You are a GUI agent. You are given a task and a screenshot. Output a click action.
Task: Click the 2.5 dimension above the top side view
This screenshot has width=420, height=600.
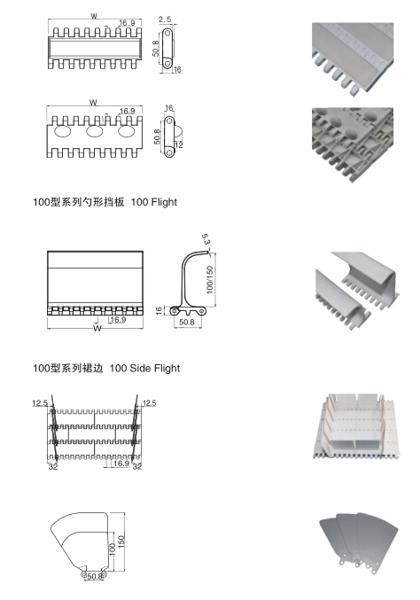pos(165,19)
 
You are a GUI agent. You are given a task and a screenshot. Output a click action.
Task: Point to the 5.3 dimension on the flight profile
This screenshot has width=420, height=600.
pos(206,239)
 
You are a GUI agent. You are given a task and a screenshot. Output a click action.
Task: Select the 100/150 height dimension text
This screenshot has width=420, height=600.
pos(210,280)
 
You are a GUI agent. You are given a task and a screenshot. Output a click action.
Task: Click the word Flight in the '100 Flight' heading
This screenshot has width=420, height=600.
pos(164,202)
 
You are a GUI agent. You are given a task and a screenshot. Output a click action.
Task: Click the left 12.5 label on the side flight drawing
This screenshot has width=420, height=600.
pos(40,403)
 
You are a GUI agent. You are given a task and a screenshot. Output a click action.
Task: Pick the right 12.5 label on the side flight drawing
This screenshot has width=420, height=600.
pos(149,403)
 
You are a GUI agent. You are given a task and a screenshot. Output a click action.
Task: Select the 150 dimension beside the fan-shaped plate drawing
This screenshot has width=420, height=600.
pos(121,542)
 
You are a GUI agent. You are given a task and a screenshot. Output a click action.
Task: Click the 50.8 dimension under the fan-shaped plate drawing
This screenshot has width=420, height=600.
pos(95,576)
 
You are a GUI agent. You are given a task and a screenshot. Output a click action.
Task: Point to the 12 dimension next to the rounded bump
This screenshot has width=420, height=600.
pos(179,145)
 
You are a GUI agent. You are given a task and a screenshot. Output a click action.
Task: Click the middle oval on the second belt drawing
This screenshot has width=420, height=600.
pos(95,131)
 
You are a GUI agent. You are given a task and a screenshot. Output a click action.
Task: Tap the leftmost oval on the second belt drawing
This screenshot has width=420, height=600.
pos(63,131)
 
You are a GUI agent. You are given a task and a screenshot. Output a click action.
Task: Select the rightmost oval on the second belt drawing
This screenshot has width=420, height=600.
pos(126,131)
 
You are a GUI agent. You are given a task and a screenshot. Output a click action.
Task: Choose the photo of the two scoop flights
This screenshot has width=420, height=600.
pos(356,290)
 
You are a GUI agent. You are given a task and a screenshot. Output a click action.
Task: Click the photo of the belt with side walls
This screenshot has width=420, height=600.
pos(356,426)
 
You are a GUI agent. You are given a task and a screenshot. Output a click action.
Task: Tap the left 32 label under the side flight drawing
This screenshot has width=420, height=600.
pos(53,466)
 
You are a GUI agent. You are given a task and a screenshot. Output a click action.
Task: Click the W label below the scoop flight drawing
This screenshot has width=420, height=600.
pos(97,328)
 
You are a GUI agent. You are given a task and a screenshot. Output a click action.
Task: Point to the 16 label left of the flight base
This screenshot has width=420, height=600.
pos(159,311)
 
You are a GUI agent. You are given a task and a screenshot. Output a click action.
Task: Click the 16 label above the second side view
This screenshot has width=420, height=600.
pos(169,108)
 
